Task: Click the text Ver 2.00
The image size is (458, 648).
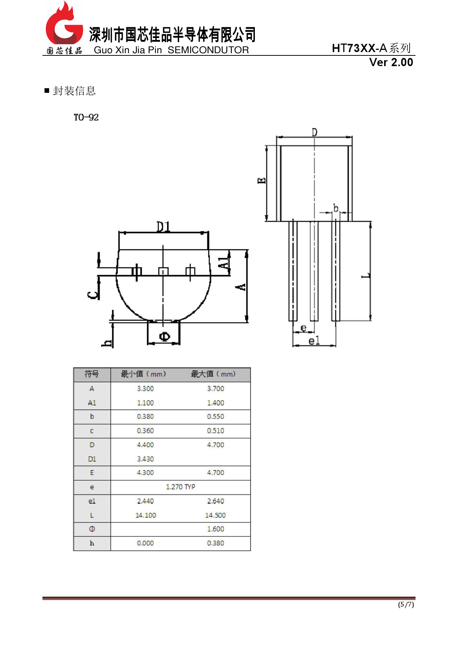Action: tap(391, 62)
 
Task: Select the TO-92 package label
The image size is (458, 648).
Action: tap(86, 117)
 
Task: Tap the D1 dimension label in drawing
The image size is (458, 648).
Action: tap(163, 226)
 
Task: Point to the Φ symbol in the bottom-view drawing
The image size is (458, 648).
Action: tap(164, 336)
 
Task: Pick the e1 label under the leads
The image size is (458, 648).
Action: tap(314, 341)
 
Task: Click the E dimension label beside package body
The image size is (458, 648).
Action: tap(262, 181)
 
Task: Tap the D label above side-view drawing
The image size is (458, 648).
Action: tap(314, 132)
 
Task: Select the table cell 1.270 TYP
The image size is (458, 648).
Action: tap(180, 487)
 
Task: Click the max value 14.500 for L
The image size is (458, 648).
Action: tap(215, 515)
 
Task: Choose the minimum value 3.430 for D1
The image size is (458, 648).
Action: tap(145, 459)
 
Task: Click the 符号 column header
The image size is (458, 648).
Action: tap(92, 374)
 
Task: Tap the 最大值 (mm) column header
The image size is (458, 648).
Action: tap(213, 374)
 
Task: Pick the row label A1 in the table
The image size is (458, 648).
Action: tap(92, 403)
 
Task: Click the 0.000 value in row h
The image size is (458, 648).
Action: tap(145, 543)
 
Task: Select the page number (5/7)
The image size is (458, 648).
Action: tap(406, 605)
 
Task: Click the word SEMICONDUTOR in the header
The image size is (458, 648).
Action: tap(208, 50)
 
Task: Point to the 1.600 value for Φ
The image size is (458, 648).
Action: tap(215, 529)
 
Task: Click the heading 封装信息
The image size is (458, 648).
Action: tap(74, 91)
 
